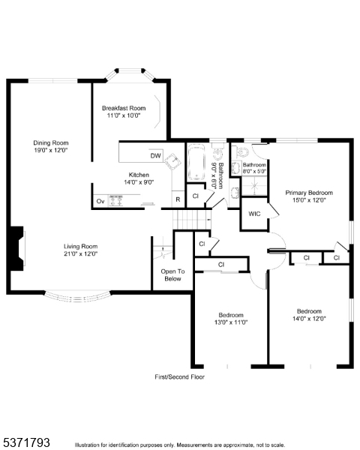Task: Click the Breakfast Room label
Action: pyautogui.click(x=124, y=109)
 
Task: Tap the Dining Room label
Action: pyautogui.click(x=50, y=142)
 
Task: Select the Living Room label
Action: pyautogui.click(x=80, y=246)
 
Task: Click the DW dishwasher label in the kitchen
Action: pyautogui.click(x=155, y=156)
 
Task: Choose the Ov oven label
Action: pyautogui.click(x=100, y=201)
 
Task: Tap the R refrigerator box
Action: pyautogui.click(x=177, y=199)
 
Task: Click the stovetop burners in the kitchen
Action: pyautogui.click(x=116, y=199)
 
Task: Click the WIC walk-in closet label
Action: pyautogui.click(x=253, y=214)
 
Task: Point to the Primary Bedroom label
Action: pyautogui.click(x=308, y=193)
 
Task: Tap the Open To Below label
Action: pyautogui.click(x=172, y=274)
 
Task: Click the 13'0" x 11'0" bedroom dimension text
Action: pyautogui.click(x=232, y=322)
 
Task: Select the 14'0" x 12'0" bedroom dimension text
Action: pyautogui.click(x=309, y=319)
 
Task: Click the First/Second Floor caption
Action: pyautogui.click(x=179, y=376)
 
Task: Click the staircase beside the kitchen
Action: pyautogui.click(x=191, y=219)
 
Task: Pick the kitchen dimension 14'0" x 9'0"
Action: pyautogui.click(x=138, y=181)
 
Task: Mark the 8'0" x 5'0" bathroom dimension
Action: pyautogui.click(x=253, y=171)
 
